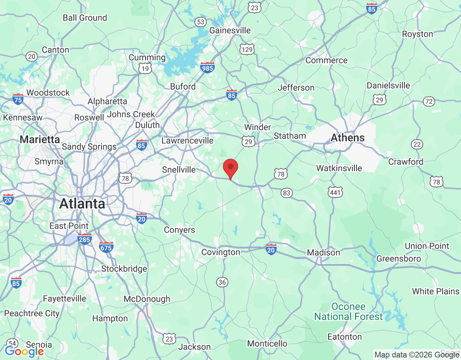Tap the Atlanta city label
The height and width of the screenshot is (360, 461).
[82, 204]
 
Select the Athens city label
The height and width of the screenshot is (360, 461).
[348, 138]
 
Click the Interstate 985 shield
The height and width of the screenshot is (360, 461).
[207, 67]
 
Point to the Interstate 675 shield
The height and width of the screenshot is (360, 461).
[106, 247]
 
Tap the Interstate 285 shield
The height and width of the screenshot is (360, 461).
[84, 239]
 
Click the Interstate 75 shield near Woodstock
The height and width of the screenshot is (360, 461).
[18, 99]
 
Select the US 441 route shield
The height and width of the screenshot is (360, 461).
[335, 192]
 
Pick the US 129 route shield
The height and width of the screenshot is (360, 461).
[247, 49]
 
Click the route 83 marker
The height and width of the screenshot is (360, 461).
[286, 193]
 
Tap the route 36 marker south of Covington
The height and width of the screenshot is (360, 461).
[222, 282]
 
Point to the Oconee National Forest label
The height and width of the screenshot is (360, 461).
[348, 312]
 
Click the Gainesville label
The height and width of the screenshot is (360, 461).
[230, 30]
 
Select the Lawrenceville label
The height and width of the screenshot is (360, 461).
[187, 140]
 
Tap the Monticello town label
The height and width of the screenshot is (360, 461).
[267, 343]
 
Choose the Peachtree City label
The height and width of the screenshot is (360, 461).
[32, 314]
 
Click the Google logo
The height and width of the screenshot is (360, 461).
[24, 351]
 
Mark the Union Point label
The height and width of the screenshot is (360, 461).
[427, 246]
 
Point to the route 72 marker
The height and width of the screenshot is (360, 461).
[429, 102]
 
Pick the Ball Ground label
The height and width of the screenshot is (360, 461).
[85, 18]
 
